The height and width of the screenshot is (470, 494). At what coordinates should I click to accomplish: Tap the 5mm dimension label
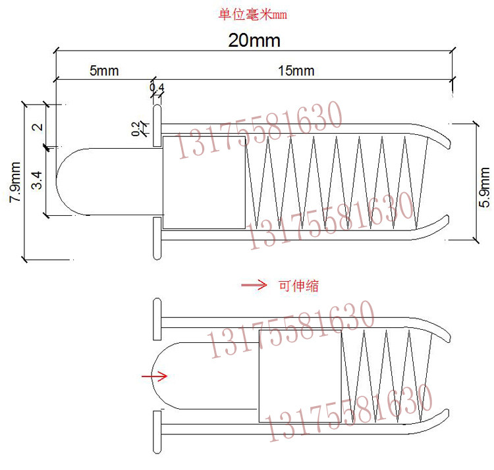104,70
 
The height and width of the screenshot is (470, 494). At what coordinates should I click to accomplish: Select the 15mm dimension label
296,70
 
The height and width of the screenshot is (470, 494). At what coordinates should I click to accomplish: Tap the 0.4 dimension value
157,87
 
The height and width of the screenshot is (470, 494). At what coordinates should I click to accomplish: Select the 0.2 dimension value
136,129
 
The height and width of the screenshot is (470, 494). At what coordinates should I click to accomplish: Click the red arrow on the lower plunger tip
154,376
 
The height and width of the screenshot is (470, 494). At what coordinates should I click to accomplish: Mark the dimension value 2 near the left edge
38,126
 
